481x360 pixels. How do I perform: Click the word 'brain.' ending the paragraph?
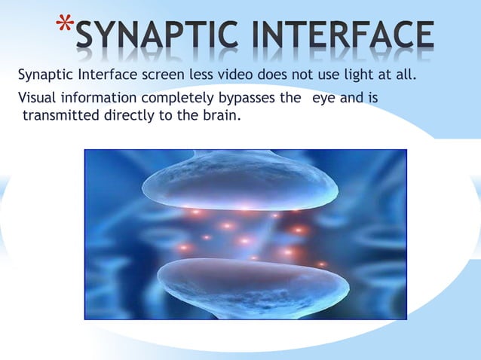point(223,116)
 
